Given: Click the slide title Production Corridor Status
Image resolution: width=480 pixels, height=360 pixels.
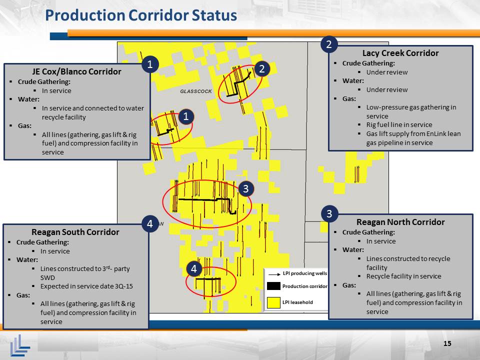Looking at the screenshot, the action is point(141,15).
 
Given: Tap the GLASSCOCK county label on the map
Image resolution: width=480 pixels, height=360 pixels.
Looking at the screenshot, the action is point(196,91).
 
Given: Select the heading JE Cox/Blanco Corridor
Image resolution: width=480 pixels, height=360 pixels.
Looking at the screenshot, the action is point(76,71).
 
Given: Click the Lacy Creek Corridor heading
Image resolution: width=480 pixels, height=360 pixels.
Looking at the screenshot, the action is point(400,53).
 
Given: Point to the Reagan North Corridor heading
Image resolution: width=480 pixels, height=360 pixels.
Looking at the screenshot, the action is point(400,222).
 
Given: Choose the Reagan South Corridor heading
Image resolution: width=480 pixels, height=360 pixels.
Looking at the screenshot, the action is point(75,232).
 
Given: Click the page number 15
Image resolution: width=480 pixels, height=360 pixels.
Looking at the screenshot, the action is point(447,343).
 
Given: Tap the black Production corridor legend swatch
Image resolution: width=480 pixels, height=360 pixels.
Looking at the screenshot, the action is point(273,286).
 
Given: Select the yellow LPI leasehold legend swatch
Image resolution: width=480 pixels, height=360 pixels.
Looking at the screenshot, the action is point(273,302).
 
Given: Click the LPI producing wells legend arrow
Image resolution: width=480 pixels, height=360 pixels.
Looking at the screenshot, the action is point(274,274).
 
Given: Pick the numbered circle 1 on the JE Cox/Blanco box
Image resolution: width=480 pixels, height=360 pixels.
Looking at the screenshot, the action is point(150,64).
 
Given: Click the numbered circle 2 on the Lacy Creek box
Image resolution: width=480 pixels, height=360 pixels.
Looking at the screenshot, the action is point(329,44).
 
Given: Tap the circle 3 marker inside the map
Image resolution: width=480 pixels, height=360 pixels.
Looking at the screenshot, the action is point(246,189).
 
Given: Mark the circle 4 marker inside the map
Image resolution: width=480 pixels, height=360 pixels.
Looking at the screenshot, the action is point(194,269).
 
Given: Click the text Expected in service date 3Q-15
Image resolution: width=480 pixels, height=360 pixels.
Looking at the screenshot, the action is point(86,286).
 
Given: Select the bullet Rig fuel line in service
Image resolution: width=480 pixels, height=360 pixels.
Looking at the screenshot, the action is point(399,125).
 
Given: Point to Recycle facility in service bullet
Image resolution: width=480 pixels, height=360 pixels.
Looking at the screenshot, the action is point(404,276).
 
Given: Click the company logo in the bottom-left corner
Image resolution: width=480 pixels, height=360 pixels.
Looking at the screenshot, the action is point(20,345).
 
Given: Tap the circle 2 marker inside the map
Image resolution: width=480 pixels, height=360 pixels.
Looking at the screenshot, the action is point(261,69).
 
